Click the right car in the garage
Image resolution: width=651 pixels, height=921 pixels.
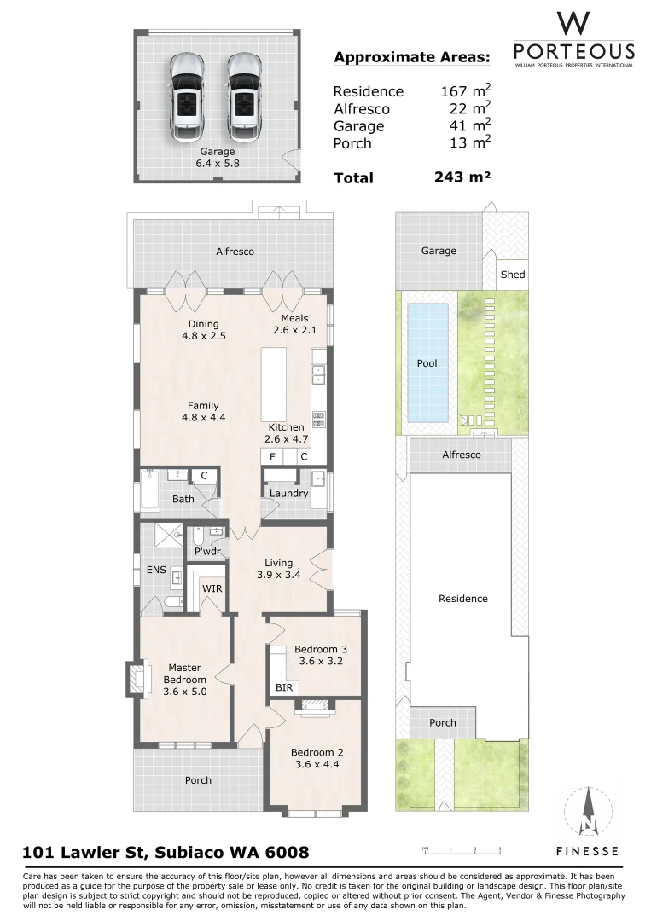coord(243,96)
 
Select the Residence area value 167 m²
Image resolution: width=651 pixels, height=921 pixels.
coord(465,91)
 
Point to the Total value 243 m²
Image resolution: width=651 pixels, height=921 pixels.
coord(462,177)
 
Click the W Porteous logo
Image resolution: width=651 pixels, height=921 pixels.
coord(573,39)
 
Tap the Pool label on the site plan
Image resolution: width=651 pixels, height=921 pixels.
coord(427,363)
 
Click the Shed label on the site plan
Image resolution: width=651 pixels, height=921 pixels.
coord(513,275)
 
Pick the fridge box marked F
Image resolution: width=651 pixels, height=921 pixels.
coord(272,457)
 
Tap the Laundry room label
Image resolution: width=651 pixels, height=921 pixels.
coord(288,494)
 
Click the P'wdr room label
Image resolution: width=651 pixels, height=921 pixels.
coord(208,551)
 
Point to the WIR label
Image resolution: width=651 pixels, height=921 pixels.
coord(212,588)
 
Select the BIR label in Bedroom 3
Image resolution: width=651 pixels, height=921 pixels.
coord(282,686)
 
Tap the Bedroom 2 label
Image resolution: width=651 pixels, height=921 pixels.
coord(317,758)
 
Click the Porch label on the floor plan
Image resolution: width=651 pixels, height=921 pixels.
coord(198,780)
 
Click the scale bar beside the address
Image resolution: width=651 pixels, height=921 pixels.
coord(461,849)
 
